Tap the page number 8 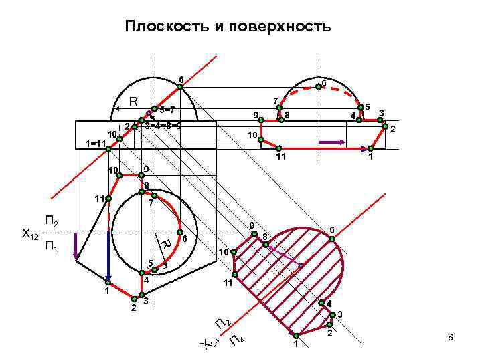point(451,338)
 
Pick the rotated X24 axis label point(210,344)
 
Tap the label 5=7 point(167,110)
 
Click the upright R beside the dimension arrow point(133,102)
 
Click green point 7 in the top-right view point(280,108)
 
